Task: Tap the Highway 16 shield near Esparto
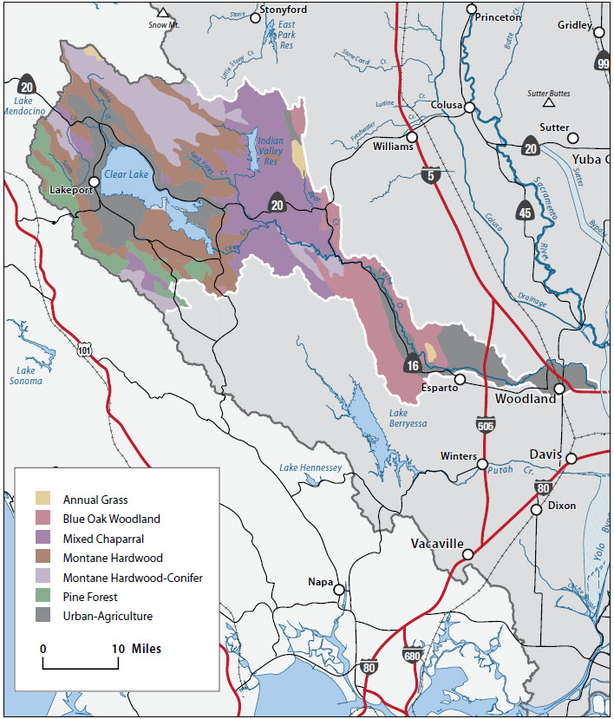[x=413, y=365]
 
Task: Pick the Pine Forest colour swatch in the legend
[x=43, y=597]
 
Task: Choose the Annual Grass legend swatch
[x=43, y=500]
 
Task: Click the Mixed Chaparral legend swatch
[x=43, y=539]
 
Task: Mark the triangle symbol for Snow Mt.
[x=162, y=13]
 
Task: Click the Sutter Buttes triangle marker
[x=548, y=103]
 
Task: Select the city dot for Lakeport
[x=94, y=181]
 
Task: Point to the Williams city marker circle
[x=413, y=137]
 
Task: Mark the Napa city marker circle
[x=339, y=590]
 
